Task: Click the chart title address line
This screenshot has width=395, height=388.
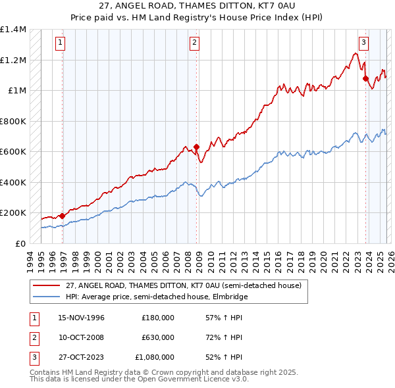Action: click(x=197, y=6)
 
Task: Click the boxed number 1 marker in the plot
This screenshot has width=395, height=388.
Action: click(x=60, y=43)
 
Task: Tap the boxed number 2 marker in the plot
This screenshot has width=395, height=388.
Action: click(x=195, y=43)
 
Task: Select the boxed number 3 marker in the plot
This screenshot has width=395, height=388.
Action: click(x=363, y=43)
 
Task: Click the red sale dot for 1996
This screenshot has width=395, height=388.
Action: click(x=63, y=215)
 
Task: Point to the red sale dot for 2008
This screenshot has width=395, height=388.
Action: click(x=197, y=147)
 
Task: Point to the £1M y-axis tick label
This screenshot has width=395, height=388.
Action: click(x=16, y=91)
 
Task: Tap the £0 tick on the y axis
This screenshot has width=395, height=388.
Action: click(x=21, y=243)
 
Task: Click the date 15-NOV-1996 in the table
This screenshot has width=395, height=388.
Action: click(x=82, y=318)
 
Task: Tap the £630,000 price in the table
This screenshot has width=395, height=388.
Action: click(x=158, y=337)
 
